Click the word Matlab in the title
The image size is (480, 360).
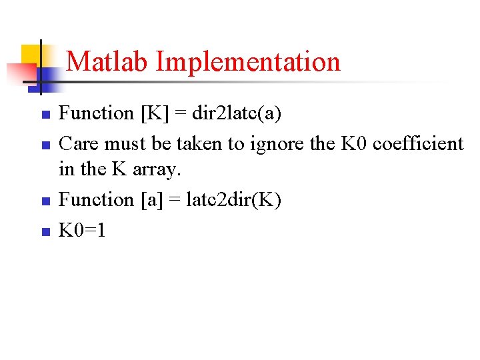tap(108, 62)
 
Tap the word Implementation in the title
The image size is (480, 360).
tap(248, 62)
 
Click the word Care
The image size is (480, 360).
tap(79, 143)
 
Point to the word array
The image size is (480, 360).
tap(157, 170)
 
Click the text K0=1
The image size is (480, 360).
tap(83, 231)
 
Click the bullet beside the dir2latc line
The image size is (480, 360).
tap(45, 115)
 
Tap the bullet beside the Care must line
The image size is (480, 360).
tap(45, 145)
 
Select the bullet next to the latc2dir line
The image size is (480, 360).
tap(45, 201)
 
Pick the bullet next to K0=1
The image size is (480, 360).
tap(45, 232)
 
